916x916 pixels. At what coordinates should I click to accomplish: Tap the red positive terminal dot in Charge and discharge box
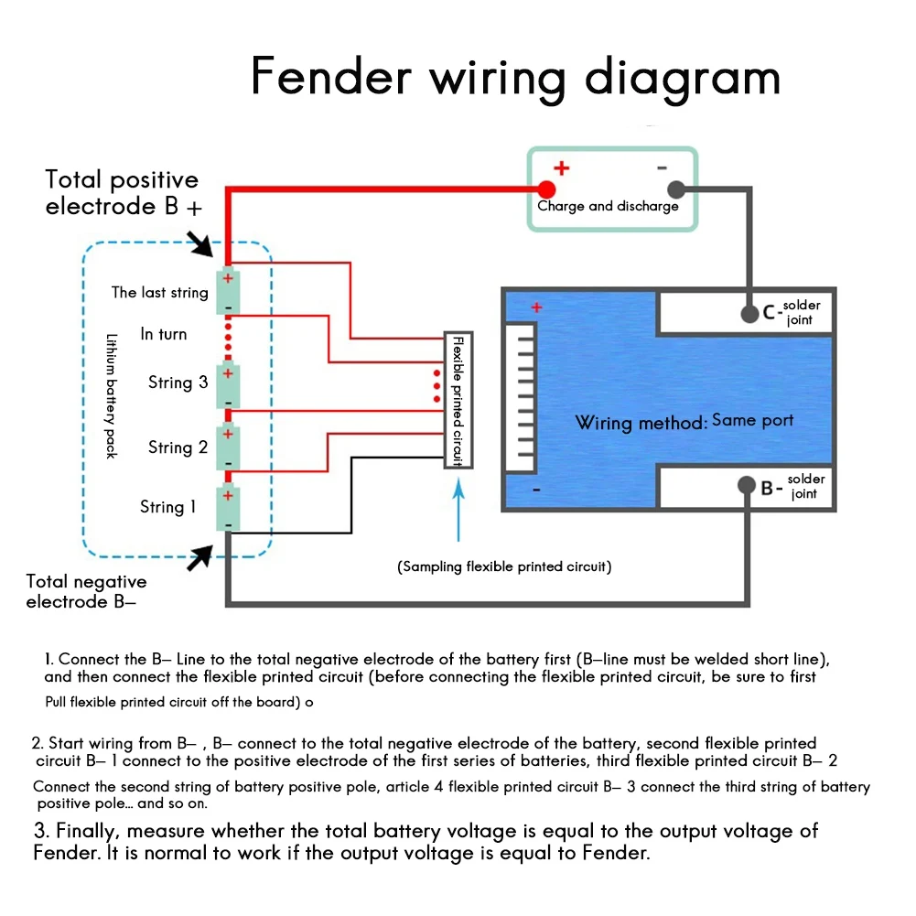[546, 189]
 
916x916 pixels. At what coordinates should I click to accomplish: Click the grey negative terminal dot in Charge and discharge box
[676, 189]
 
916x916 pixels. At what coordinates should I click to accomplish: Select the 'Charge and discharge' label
[608, 206]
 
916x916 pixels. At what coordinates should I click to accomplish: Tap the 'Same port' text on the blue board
[752, 420]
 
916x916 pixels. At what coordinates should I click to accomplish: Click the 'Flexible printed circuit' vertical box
[458, 400]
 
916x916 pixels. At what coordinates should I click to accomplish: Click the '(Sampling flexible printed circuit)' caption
[504, 566]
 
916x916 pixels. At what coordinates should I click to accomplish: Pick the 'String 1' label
[167, 506]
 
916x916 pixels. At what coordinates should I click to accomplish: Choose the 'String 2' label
[178, 447]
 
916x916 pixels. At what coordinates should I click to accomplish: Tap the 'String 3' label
[178, 383]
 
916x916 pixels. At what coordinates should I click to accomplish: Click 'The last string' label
[159, 293]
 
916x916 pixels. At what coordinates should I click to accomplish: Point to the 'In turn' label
[163, 334]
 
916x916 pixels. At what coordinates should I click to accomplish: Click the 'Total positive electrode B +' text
[123, 193]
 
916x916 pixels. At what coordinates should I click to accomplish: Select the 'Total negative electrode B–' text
[86, 591]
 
